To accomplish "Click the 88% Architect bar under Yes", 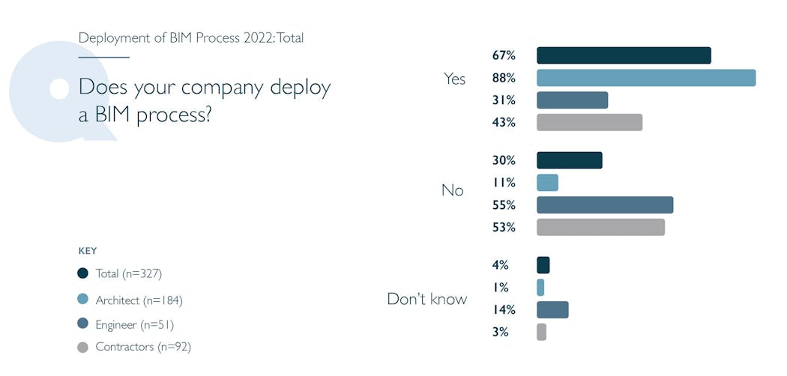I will (646, 78).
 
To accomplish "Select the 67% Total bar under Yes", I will (624, 55).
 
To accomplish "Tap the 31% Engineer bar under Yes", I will (572, 100).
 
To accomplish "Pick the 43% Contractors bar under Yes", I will (589, 123).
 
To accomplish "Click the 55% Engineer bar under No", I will (605, 205).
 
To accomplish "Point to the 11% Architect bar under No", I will (547, 183).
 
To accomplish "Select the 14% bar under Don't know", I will (552, 310).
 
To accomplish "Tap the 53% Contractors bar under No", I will (600, 228).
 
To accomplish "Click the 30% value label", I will (504, 160).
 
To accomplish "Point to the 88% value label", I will (504, 78).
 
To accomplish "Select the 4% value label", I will (501, 265).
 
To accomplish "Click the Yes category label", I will (454, 79).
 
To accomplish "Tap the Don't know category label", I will (426, 300).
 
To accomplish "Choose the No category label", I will (452, 190).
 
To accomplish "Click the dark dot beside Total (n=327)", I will (82, 273).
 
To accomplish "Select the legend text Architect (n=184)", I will (139, 300).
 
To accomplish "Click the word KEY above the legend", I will (88, 251).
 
